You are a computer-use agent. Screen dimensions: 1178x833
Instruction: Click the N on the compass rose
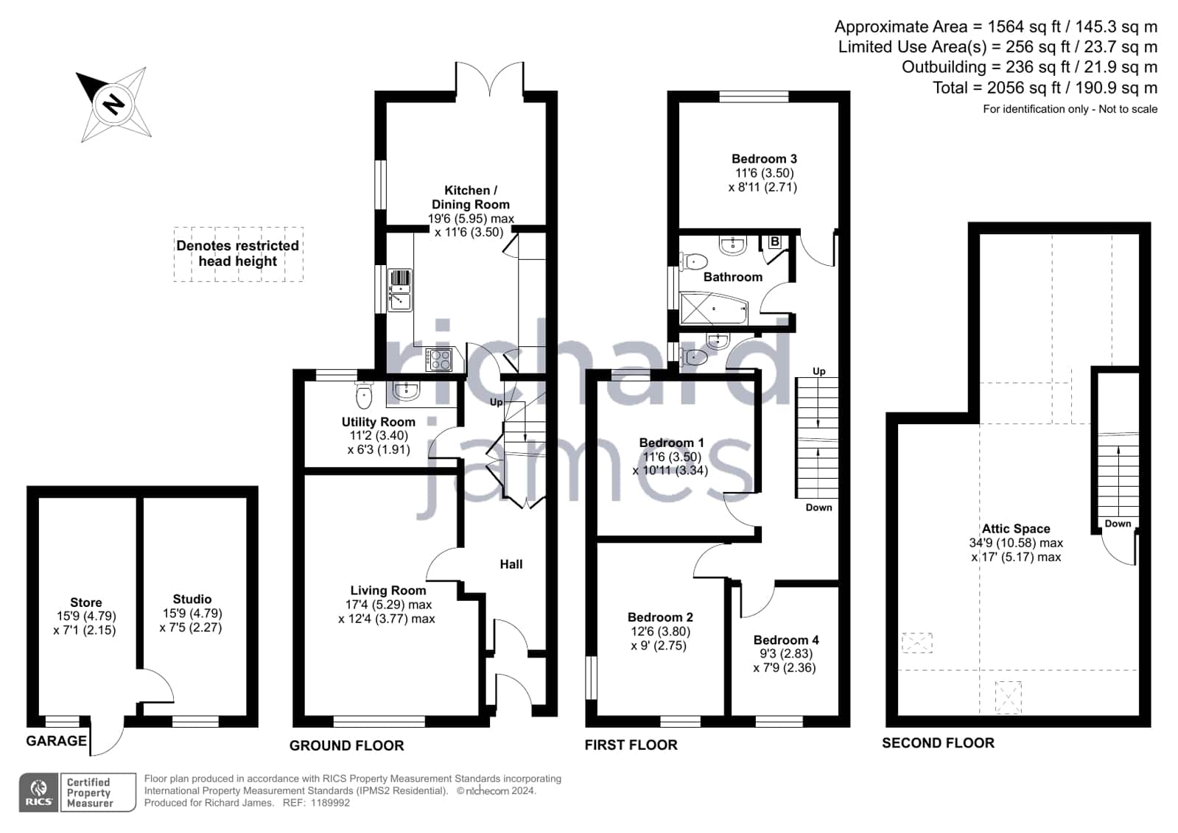[113, 104]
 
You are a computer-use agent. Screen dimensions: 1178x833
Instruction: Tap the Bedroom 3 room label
[764, 158]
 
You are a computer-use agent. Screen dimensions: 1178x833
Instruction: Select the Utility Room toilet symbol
[364, 395]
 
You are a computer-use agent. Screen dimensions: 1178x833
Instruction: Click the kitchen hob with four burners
[438, 359]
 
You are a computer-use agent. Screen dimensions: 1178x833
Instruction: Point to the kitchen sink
[400, 290]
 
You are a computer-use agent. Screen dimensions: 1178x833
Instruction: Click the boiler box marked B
[774, 242]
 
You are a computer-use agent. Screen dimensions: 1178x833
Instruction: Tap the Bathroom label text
[732, 277]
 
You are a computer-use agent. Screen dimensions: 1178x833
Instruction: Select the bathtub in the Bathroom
[714, 308]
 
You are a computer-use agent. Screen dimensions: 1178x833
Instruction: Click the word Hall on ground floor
[511, 564]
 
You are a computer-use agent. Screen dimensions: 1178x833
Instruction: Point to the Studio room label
[192, 599]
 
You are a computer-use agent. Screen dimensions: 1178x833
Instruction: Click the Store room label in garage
[85, 602]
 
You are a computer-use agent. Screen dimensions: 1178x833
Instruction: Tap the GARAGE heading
[56, 740]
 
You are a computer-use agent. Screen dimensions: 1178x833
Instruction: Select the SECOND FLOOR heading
[938, 742]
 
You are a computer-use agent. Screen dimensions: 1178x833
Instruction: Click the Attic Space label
[1016, 529]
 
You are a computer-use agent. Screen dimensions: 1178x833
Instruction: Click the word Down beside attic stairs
[1118, 523]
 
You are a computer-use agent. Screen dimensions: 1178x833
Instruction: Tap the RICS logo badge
[38, 792]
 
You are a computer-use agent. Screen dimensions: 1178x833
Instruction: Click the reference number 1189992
[330, 803]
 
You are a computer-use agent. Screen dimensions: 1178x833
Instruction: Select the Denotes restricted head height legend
[238, 253]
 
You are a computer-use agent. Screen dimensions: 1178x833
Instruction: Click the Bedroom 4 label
[785, 640]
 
